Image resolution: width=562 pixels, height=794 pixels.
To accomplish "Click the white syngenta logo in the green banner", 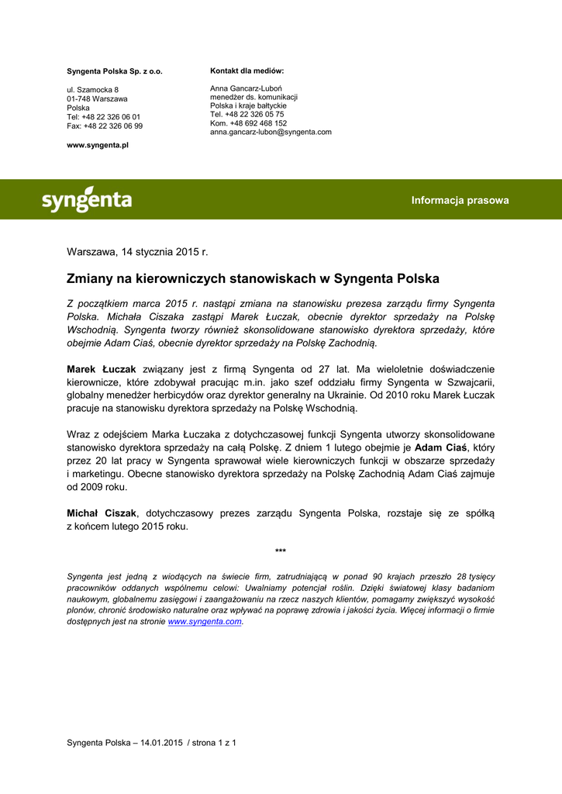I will pyautogui.click(x=86, y=200).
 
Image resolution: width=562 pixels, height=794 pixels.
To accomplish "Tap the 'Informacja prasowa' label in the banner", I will pyautogui.click(x=460, y=200).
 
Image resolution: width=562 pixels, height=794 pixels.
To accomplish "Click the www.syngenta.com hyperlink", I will pyautogui.click(x=205, y=622).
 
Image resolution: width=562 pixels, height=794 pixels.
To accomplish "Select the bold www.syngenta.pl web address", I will pyautogui.click(x=98, y=145).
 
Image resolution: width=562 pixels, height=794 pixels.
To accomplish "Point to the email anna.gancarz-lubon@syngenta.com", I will pyautogui.click(x=271, y=132).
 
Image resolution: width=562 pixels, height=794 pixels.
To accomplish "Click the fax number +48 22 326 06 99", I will pyautogui.click(x=105, y=126).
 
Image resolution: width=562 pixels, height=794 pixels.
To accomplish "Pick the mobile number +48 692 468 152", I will pyautogui.click(x=248, y=123).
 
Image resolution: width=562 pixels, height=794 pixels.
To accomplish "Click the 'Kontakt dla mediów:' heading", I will pyautogui.click(x=247, y=71).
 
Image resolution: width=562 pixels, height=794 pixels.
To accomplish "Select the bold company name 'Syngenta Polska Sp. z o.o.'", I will pyautogui.click(x=115, y=71).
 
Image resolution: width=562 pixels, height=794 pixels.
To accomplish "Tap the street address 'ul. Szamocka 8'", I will pyautogui.click(x=92, y=90).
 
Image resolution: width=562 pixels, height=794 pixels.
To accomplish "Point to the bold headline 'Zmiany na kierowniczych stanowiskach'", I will pyautogui.click(x=253, y=278).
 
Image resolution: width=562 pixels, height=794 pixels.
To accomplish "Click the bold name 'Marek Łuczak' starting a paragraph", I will pyautogui.click(x=102, y=369).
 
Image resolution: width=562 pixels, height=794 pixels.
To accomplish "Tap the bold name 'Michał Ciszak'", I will pyautogui.click(x=102, y=513).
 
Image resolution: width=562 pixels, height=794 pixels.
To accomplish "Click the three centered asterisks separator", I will pyautogui.click(x=281, y=551).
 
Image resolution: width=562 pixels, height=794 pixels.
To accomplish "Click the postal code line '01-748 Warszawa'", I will pyautogui.click(x=97, y=99).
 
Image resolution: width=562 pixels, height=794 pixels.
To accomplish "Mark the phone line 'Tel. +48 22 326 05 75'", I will pyautogui.click(x=247, y=114).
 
